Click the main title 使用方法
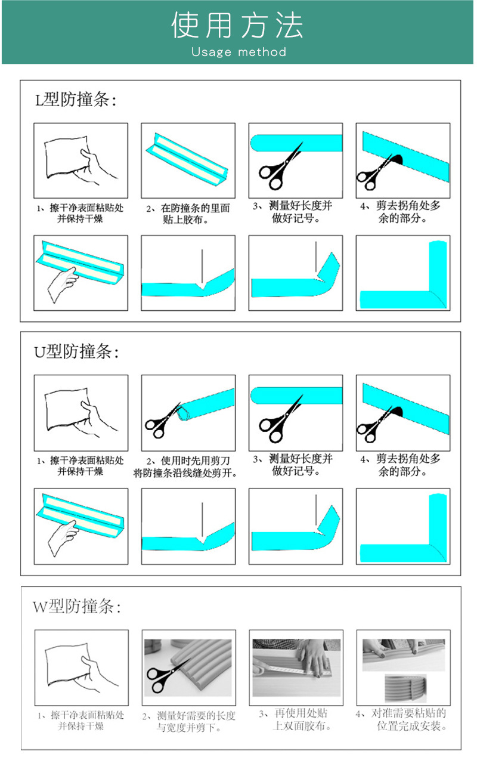pos(237,24)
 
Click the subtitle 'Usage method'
pos(238,52)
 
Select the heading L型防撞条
pos(76,100)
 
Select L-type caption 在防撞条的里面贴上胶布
pos(188,214)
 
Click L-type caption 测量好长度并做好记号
pos(293,212)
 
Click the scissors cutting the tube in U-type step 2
pos(163,421)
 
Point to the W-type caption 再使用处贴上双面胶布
pos(295,719)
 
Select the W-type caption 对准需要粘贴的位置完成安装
pos(401,719)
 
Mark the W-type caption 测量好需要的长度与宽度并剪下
pos(188,721)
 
